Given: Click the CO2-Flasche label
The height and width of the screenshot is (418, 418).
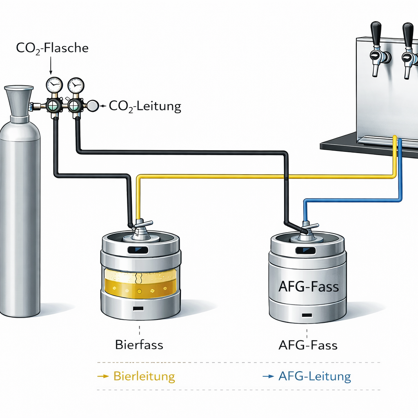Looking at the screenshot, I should (x=52, y=48).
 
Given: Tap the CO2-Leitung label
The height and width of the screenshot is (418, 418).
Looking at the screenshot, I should (x=145, y=107).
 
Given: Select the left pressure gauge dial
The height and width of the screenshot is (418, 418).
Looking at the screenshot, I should (x=54, y=85).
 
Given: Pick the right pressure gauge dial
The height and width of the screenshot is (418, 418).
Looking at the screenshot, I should (x=75, y=85).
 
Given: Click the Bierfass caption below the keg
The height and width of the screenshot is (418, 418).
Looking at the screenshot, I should (x=139, y=345).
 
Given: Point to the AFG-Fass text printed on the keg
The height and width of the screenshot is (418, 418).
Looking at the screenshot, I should (x=308, y=286).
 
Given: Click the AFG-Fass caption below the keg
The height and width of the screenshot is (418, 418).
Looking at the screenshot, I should (x=308, y=345).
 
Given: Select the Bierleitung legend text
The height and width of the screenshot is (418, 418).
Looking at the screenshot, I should (x=144, y=376).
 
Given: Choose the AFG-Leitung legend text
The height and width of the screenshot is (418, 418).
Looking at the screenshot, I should (x=314, y=376).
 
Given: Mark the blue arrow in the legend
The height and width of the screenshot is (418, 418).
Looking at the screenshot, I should (x=268, y=376).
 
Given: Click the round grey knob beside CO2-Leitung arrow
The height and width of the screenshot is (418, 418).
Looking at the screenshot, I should (x=93, y=106).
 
